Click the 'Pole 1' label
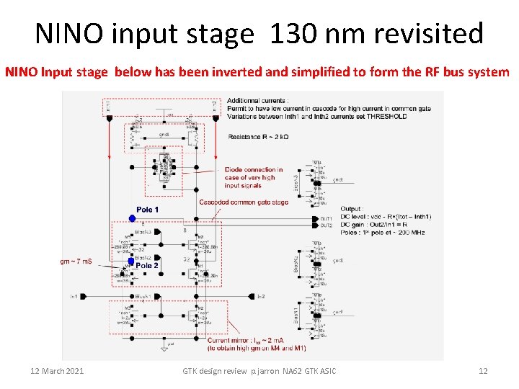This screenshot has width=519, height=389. pos(147,210)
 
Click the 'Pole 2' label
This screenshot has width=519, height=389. pos(147,265)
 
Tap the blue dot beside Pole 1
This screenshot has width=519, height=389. pos(132,218)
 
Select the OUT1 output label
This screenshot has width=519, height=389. pos(327,218)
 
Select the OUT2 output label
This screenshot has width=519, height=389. pos(327,225)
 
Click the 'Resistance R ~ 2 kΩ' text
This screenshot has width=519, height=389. pos(258,136)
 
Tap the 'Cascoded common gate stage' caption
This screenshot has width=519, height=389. pos(244,202)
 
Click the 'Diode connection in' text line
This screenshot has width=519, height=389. pos(254,170)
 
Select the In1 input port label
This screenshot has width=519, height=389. pos(74,296)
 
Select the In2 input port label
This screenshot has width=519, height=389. pos(261,296)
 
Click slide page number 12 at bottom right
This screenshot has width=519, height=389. pos(483,371)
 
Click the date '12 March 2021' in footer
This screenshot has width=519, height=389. pos(57,371)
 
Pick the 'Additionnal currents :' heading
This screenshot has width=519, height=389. pos(257,99)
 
